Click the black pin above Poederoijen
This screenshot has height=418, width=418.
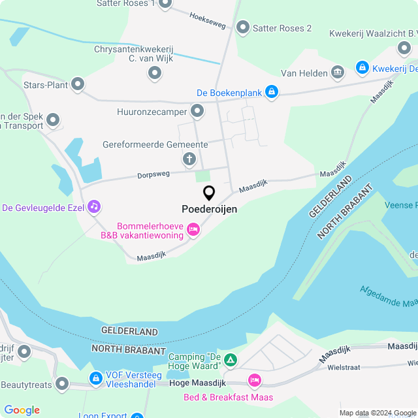(209, 193)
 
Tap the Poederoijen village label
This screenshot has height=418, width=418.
(209, 210)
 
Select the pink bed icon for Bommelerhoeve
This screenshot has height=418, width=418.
(193, 229)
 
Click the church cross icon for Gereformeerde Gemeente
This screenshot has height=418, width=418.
(189, 159)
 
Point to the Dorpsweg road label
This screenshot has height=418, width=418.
(153, 175)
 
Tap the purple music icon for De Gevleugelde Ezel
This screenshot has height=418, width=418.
(94, 206)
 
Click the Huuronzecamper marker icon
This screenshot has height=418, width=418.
(197, 111)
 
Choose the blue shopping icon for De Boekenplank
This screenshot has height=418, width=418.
(271, 93)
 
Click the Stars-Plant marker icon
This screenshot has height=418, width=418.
(78, 84)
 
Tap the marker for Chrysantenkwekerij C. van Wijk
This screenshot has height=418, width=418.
(155, 73)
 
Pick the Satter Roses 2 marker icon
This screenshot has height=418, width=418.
(243, 27)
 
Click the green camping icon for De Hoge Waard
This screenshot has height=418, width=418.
(230, 359)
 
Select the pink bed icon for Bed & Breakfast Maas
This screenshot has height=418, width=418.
(254, 380)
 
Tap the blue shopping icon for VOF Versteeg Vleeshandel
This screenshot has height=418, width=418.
(96, 378)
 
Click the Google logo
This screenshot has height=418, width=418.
(22, 410)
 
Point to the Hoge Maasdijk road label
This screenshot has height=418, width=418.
(197, 383)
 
